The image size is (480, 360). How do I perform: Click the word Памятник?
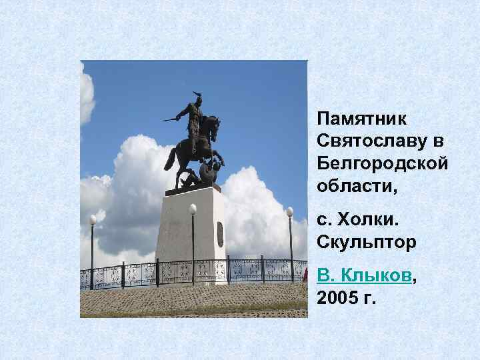355,120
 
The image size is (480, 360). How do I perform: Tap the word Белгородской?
382,164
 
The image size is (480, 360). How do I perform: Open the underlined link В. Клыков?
364,275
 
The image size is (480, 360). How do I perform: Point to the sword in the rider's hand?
171,119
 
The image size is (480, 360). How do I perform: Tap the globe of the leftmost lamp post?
93,219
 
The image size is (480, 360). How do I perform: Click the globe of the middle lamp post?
193,209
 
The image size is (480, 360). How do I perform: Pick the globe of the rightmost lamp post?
290,211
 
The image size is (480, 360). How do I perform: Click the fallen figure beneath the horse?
190,178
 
